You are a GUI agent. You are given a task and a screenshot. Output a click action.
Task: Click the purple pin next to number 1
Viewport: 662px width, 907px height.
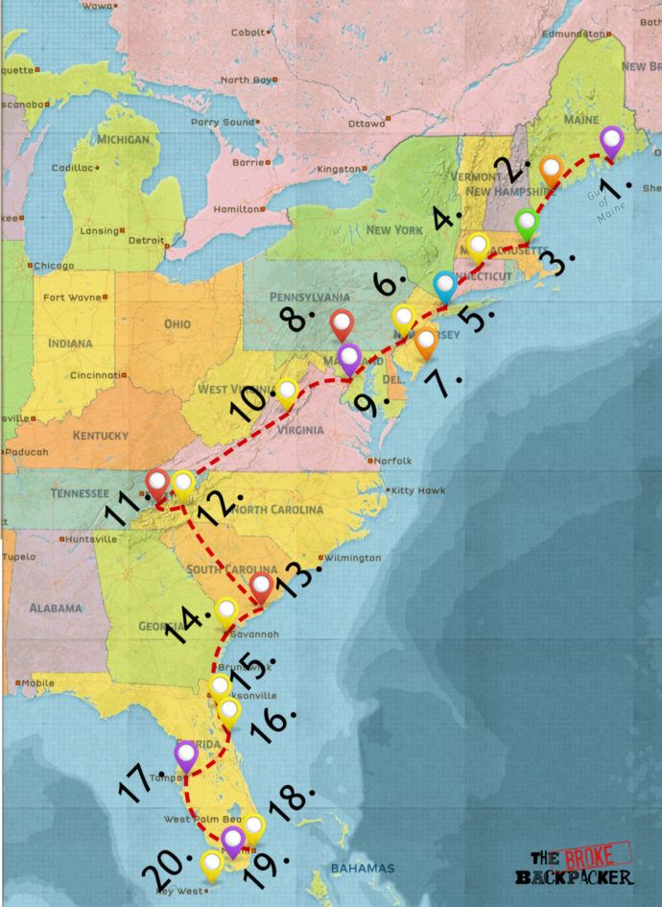612,142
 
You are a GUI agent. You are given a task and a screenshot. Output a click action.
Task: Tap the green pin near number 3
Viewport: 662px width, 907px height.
526,223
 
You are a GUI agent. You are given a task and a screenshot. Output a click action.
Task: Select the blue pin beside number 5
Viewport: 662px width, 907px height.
443,285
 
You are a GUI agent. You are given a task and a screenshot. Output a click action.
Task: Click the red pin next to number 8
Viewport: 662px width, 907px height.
342,324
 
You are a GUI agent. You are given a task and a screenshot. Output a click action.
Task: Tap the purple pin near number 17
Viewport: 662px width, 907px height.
186,754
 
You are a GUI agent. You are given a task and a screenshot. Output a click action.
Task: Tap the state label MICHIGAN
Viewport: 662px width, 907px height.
123,139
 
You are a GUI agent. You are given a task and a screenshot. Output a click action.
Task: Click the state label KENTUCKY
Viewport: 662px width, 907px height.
100,436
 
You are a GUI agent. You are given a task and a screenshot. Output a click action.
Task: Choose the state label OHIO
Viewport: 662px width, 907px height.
177,324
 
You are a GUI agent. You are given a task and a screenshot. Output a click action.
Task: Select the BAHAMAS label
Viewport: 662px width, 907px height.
362,869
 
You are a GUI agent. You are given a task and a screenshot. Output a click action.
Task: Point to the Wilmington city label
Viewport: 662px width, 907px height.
353,558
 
